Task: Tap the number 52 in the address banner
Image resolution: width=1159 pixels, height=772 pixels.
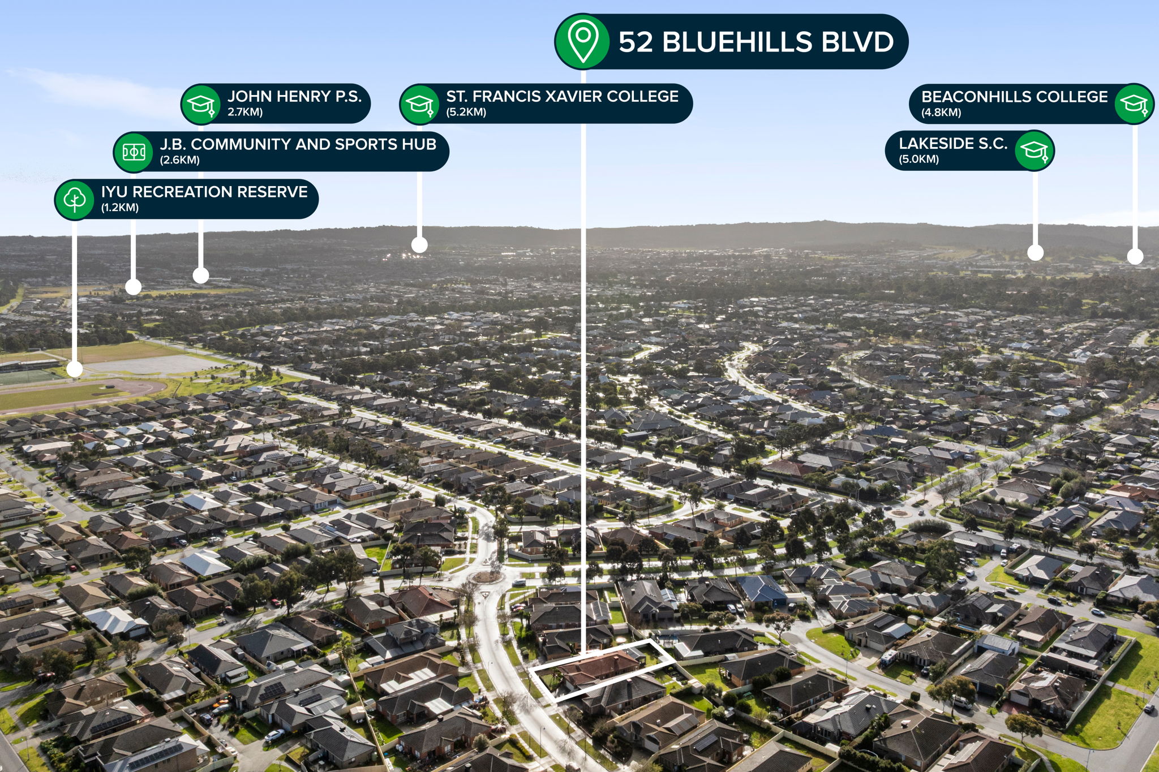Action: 636,42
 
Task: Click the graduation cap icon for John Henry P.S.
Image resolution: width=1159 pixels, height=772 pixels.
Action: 201,104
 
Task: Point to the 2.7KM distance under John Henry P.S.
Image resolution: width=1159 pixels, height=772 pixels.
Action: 245,112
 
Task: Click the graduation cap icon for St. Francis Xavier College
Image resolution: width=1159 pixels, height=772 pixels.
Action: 419,104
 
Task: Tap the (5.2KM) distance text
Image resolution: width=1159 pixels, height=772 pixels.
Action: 466,112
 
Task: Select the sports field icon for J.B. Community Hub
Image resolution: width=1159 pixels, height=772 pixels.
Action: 134,152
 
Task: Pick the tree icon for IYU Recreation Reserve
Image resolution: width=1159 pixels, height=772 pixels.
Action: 75,199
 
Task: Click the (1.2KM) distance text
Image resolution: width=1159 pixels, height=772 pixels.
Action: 120,208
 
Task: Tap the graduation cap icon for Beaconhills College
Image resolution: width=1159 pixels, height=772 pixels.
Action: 1134,103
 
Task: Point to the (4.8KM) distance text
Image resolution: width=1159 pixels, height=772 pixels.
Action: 941,113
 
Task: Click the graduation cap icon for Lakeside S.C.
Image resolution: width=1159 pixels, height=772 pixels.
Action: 1034,150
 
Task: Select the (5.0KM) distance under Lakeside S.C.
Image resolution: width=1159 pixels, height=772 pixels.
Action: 919,159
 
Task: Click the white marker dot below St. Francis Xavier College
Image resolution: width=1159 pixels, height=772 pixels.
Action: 419,245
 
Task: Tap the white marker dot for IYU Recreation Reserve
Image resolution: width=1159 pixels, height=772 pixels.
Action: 75,370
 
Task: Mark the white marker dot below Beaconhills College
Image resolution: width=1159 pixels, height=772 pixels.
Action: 1135,257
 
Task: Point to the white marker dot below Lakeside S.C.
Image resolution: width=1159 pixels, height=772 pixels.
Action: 1035,252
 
